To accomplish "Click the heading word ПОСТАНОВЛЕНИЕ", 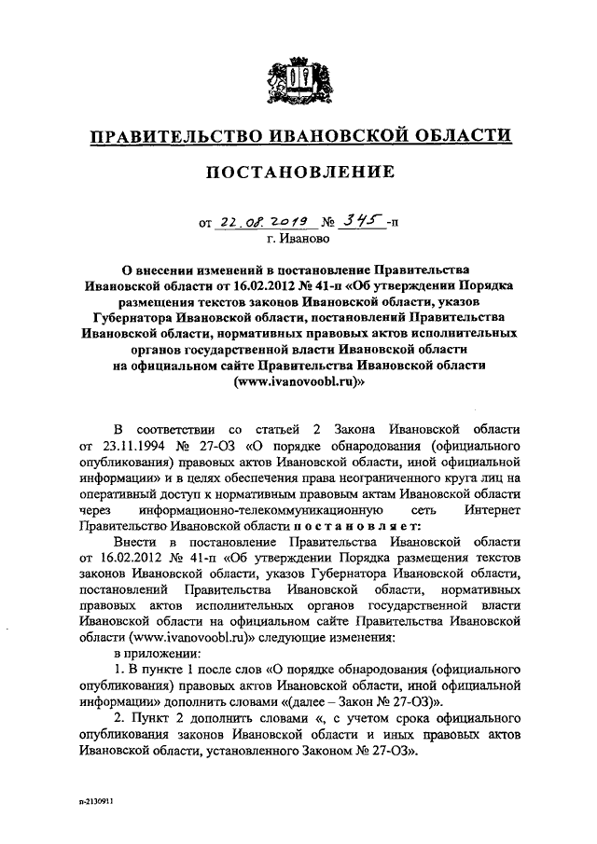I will click(298, 172).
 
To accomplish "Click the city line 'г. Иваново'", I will click(298, 239).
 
